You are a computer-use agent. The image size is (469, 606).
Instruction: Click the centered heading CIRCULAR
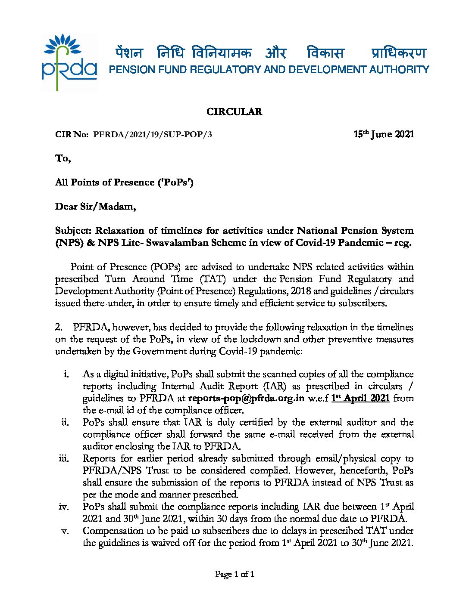click(234, 112)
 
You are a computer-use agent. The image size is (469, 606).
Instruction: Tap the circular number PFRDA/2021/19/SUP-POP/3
click(153, 134)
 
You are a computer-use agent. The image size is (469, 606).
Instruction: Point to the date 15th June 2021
click(383, 134)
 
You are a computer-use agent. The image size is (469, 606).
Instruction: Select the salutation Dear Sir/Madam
click(95, 207)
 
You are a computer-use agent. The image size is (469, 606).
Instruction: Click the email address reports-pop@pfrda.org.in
click(247, 398)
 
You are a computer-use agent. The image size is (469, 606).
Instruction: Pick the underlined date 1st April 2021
click(360, 398)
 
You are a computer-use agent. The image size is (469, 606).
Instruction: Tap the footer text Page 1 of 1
click(234, 574)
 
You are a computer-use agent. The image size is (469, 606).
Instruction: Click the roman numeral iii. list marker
click(64, 458)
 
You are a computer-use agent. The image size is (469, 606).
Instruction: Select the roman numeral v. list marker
click(66, 531)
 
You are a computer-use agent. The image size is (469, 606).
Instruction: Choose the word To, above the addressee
click(63, 158)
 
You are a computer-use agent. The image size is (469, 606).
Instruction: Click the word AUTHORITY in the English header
click(399, 70)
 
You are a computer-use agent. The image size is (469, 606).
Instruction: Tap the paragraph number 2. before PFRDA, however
click(59, 327)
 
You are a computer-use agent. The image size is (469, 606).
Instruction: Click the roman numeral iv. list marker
click(64, 507)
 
